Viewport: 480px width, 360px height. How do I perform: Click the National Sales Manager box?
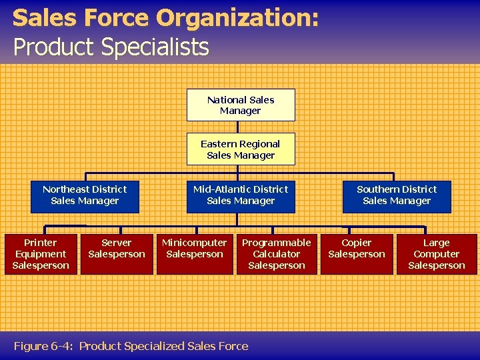click(241, 105)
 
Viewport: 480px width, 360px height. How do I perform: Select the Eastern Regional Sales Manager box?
click(241, 149)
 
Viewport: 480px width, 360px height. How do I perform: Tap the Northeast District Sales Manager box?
click(85, 195)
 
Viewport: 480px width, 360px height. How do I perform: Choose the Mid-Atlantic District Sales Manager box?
click(241, 195)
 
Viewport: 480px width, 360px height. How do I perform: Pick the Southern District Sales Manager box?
click(397, 195)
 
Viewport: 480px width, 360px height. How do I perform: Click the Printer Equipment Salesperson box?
click(41, 254)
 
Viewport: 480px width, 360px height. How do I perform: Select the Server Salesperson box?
click(117, 254)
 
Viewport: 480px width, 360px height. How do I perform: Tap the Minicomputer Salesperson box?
click(195, 254)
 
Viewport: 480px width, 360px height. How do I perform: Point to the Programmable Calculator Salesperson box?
click(277, 254)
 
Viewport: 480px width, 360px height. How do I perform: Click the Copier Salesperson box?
click(357, 254)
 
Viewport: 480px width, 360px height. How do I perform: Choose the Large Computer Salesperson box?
click(437, 254)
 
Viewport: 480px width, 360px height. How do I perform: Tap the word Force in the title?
click(127, 18)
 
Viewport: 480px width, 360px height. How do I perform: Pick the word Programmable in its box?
click(277, 243)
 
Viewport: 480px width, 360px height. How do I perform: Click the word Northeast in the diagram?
click(66, 189)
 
